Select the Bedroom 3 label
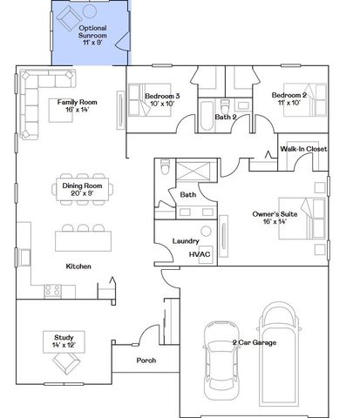point(162,100)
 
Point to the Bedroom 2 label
point(289,98)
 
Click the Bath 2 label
point(226,116)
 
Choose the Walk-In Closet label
point(303,149)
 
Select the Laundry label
point(186,241)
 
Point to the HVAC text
point(200,254)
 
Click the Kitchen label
point(79,266)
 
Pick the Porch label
point(146,359)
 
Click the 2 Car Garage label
point(254,343)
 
